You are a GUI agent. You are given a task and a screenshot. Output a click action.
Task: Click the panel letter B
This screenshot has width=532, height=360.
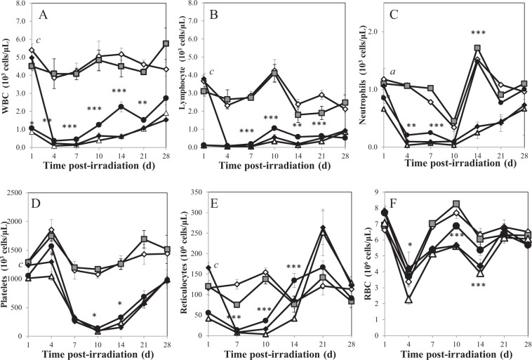229,15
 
